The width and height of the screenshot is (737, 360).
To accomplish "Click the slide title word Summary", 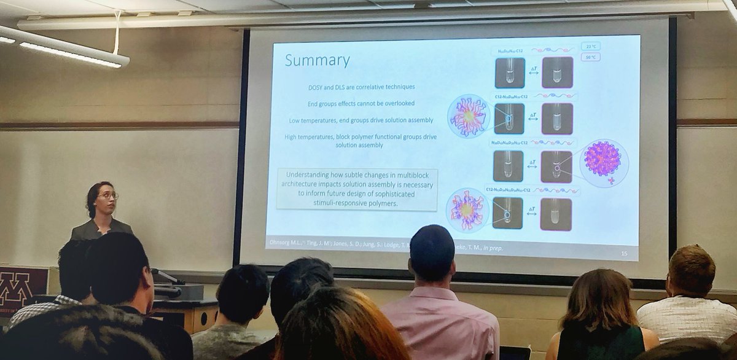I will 317,61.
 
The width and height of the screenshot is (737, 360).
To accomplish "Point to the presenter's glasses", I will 107,197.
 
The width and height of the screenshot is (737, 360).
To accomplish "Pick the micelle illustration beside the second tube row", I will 469,116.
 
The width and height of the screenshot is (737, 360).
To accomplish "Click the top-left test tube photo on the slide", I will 510,72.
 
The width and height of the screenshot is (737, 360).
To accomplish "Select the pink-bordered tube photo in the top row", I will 557,72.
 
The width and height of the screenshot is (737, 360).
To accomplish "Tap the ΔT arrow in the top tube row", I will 533,72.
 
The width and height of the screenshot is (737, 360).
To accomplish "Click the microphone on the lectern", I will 167,277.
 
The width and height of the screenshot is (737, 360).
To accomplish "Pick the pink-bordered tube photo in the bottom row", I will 556,214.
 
